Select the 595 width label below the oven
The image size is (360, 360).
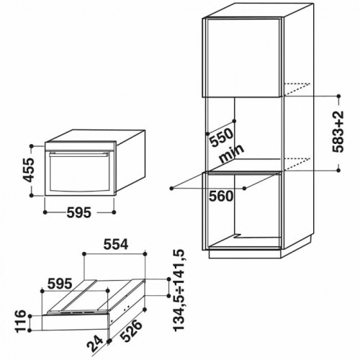tap(79, 212)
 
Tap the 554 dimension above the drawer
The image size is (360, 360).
tap(116, 245)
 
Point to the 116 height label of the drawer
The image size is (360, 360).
tap(21, 321)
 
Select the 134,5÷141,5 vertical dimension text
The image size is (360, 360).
tap(179, 291)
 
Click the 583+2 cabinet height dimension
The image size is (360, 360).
tap(338, 132)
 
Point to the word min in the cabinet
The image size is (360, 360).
tap(231, 154)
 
